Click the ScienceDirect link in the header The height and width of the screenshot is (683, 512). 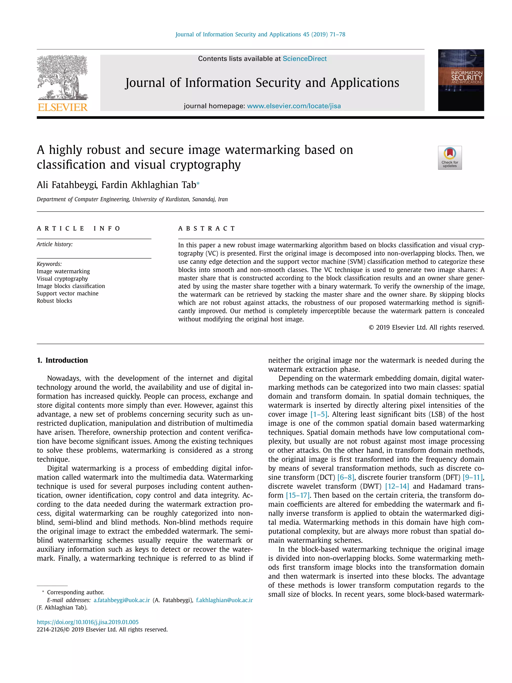pos(304,59)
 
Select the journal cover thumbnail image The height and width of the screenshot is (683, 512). pos(461,80)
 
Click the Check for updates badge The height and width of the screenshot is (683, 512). pos(450,158)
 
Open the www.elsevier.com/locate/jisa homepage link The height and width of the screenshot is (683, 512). pos(294,106)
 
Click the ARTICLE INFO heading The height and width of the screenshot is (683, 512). pos(78,229)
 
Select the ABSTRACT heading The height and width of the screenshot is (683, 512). pos(206,229)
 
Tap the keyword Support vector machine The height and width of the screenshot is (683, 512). pos(67,293)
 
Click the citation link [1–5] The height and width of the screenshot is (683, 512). pos(319,414)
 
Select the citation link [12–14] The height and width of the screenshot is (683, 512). pos(397,486)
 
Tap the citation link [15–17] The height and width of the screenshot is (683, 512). pos(297,495)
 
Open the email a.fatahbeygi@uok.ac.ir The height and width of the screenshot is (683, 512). pos(121,600)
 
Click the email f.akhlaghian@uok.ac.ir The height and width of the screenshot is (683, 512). pos(224,600)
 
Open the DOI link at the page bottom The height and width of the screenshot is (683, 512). pos(88,622)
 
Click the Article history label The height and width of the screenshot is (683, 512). pos(55,244)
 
